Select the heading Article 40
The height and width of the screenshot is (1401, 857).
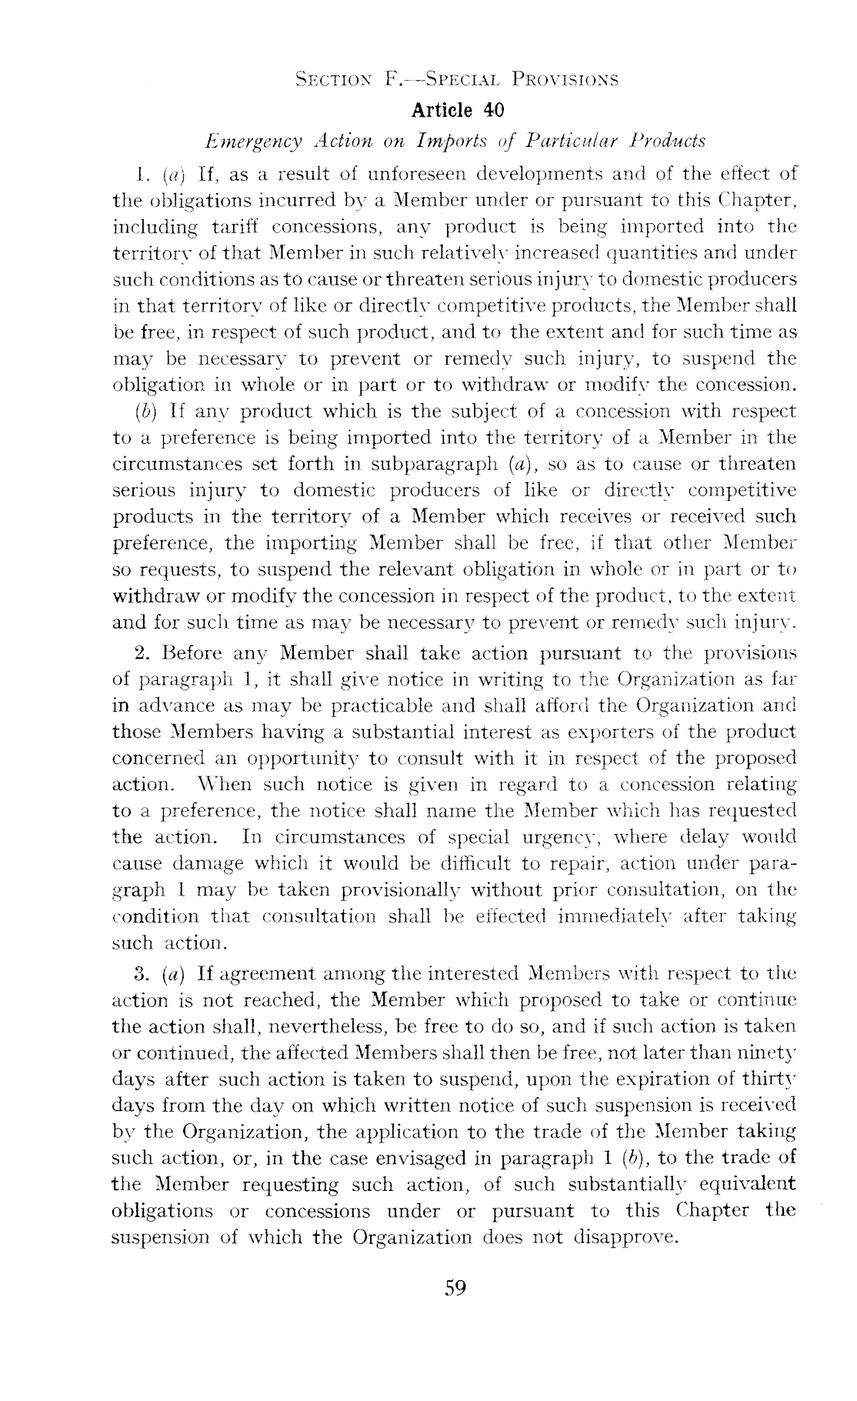coord(458,110)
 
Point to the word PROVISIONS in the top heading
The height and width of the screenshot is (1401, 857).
coord(567,79)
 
